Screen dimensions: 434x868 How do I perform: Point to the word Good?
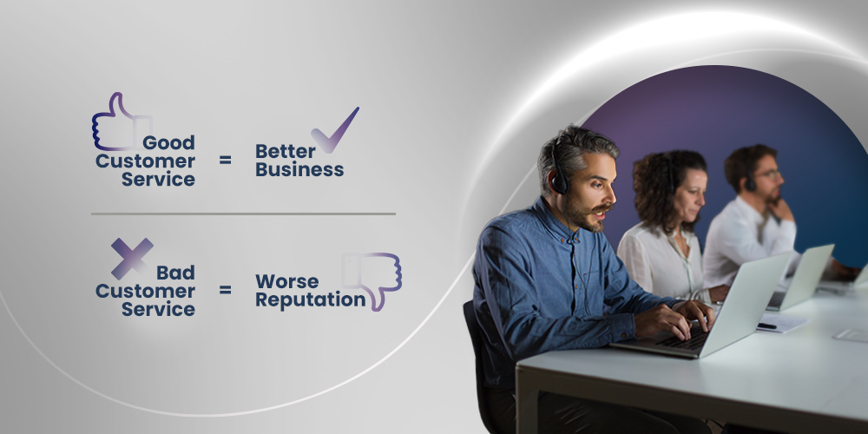168,142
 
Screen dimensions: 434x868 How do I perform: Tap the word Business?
299,169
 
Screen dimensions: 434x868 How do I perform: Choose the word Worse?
286,281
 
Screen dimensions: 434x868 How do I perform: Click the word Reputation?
310,299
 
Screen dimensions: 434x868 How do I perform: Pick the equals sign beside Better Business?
225,161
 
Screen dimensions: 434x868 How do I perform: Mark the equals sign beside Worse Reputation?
225,290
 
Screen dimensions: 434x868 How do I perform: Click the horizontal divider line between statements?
243,213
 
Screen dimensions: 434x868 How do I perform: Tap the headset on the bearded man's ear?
559,181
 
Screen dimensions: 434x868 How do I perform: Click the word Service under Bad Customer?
158,309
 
